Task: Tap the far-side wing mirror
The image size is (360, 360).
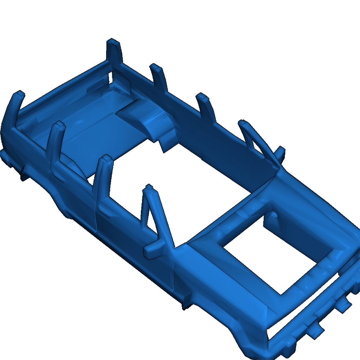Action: pyautogui.click(x=280, y=152)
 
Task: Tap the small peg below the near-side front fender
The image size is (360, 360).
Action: pyautogui.click(x=184, y=306)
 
